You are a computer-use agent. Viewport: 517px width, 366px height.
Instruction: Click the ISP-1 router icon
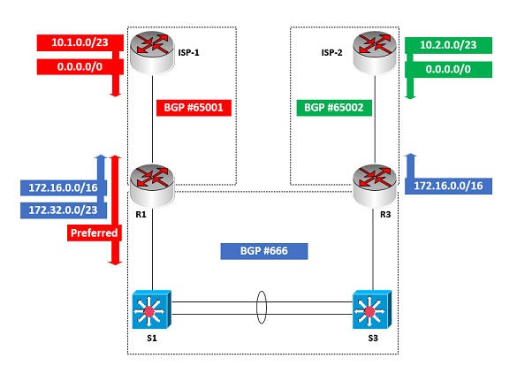[x=152, y=52]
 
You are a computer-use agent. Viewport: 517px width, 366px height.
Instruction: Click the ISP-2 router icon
[x=375, y=52]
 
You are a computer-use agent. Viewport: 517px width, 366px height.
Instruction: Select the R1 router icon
[x=152, y=186]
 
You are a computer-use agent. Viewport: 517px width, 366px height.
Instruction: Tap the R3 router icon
[x=375, y=186]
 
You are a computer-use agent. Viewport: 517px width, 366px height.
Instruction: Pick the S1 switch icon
[x=152, y=309]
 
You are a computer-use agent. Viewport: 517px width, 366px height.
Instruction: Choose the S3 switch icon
[x=372, y=309]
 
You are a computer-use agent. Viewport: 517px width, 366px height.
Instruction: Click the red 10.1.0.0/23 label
[x=80, y=42]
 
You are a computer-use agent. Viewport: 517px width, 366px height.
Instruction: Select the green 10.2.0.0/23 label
[x=448, y=45]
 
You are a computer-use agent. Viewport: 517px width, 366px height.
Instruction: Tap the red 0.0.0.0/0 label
[x=80, y=67]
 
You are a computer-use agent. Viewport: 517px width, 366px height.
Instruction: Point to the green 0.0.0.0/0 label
[x=448, y=70]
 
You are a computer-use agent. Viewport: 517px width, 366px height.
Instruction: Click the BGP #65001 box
[x=194, y=108]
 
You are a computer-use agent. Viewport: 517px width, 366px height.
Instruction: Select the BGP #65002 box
[x=334, y=108]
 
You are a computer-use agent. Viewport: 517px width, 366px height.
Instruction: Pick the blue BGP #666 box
[x=264, y=251]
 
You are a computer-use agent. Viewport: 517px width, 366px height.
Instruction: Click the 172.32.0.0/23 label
[x=64, y=210]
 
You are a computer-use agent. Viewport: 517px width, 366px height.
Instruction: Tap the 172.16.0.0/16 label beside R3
[x=448, y=186]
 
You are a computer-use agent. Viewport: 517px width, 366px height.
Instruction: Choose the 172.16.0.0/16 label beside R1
[x=64, y=188]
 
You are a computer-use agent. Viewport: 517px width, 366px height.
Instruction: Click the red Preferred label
[x=95, y=233]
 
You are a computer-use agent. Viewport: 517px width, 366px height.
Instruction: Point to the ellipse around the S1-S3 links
[x=257, y=308]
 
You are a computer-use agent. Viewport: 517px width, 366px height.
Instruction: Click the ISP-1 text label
[x=188, y=53]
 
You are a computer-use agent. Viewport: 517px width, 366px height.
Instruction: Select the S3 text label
[x=373, y=339]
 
